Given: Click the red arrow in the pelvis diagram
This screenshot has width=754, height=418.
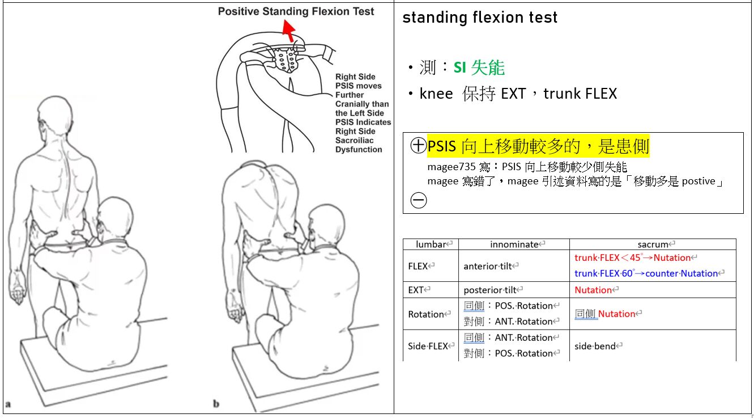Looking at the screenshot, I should click(x=289, y=31).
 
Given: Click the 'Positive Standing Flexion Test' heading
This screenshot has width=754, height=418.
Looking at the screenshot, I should click(x=296, y=11).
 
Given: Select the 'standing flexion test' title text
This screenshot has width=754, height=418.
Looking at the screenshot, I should click(x=480, y=18).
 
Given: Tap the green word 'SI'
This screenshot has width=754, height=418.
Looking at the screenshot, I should click(x=459, y=68).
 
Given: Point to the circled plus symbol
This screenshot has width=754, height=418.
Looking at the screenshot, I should click(x=418, y=146).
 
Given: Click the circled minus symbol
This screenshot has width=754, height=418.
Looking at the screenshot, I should click(x=418, y=200).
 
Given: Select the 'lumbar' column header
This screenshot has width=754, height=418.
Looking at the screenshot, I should click(x=431, y=244).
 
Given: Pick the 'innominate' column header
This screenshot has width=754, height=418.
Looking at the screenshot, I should click(x=514, y=244).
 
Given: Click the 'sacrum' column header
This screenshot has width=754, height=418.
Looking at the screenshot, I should click(x=653, y=244).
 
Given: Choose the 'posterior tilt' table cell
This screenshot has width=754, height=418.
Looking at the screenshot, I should click(x=491, y=290).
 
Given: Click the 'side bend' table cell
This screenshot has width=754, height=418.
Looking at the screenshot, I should click(x=595, y=346).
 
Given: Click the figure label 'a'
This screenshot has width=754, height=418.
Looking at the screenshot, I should click(x=8, y=404).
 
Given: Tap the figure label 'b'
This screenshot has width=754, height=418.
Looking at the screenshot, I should click(x=216, y=404).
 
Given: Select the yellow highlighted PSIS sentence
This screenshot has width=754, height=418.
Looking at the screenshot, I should click(x=538, y=146).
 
